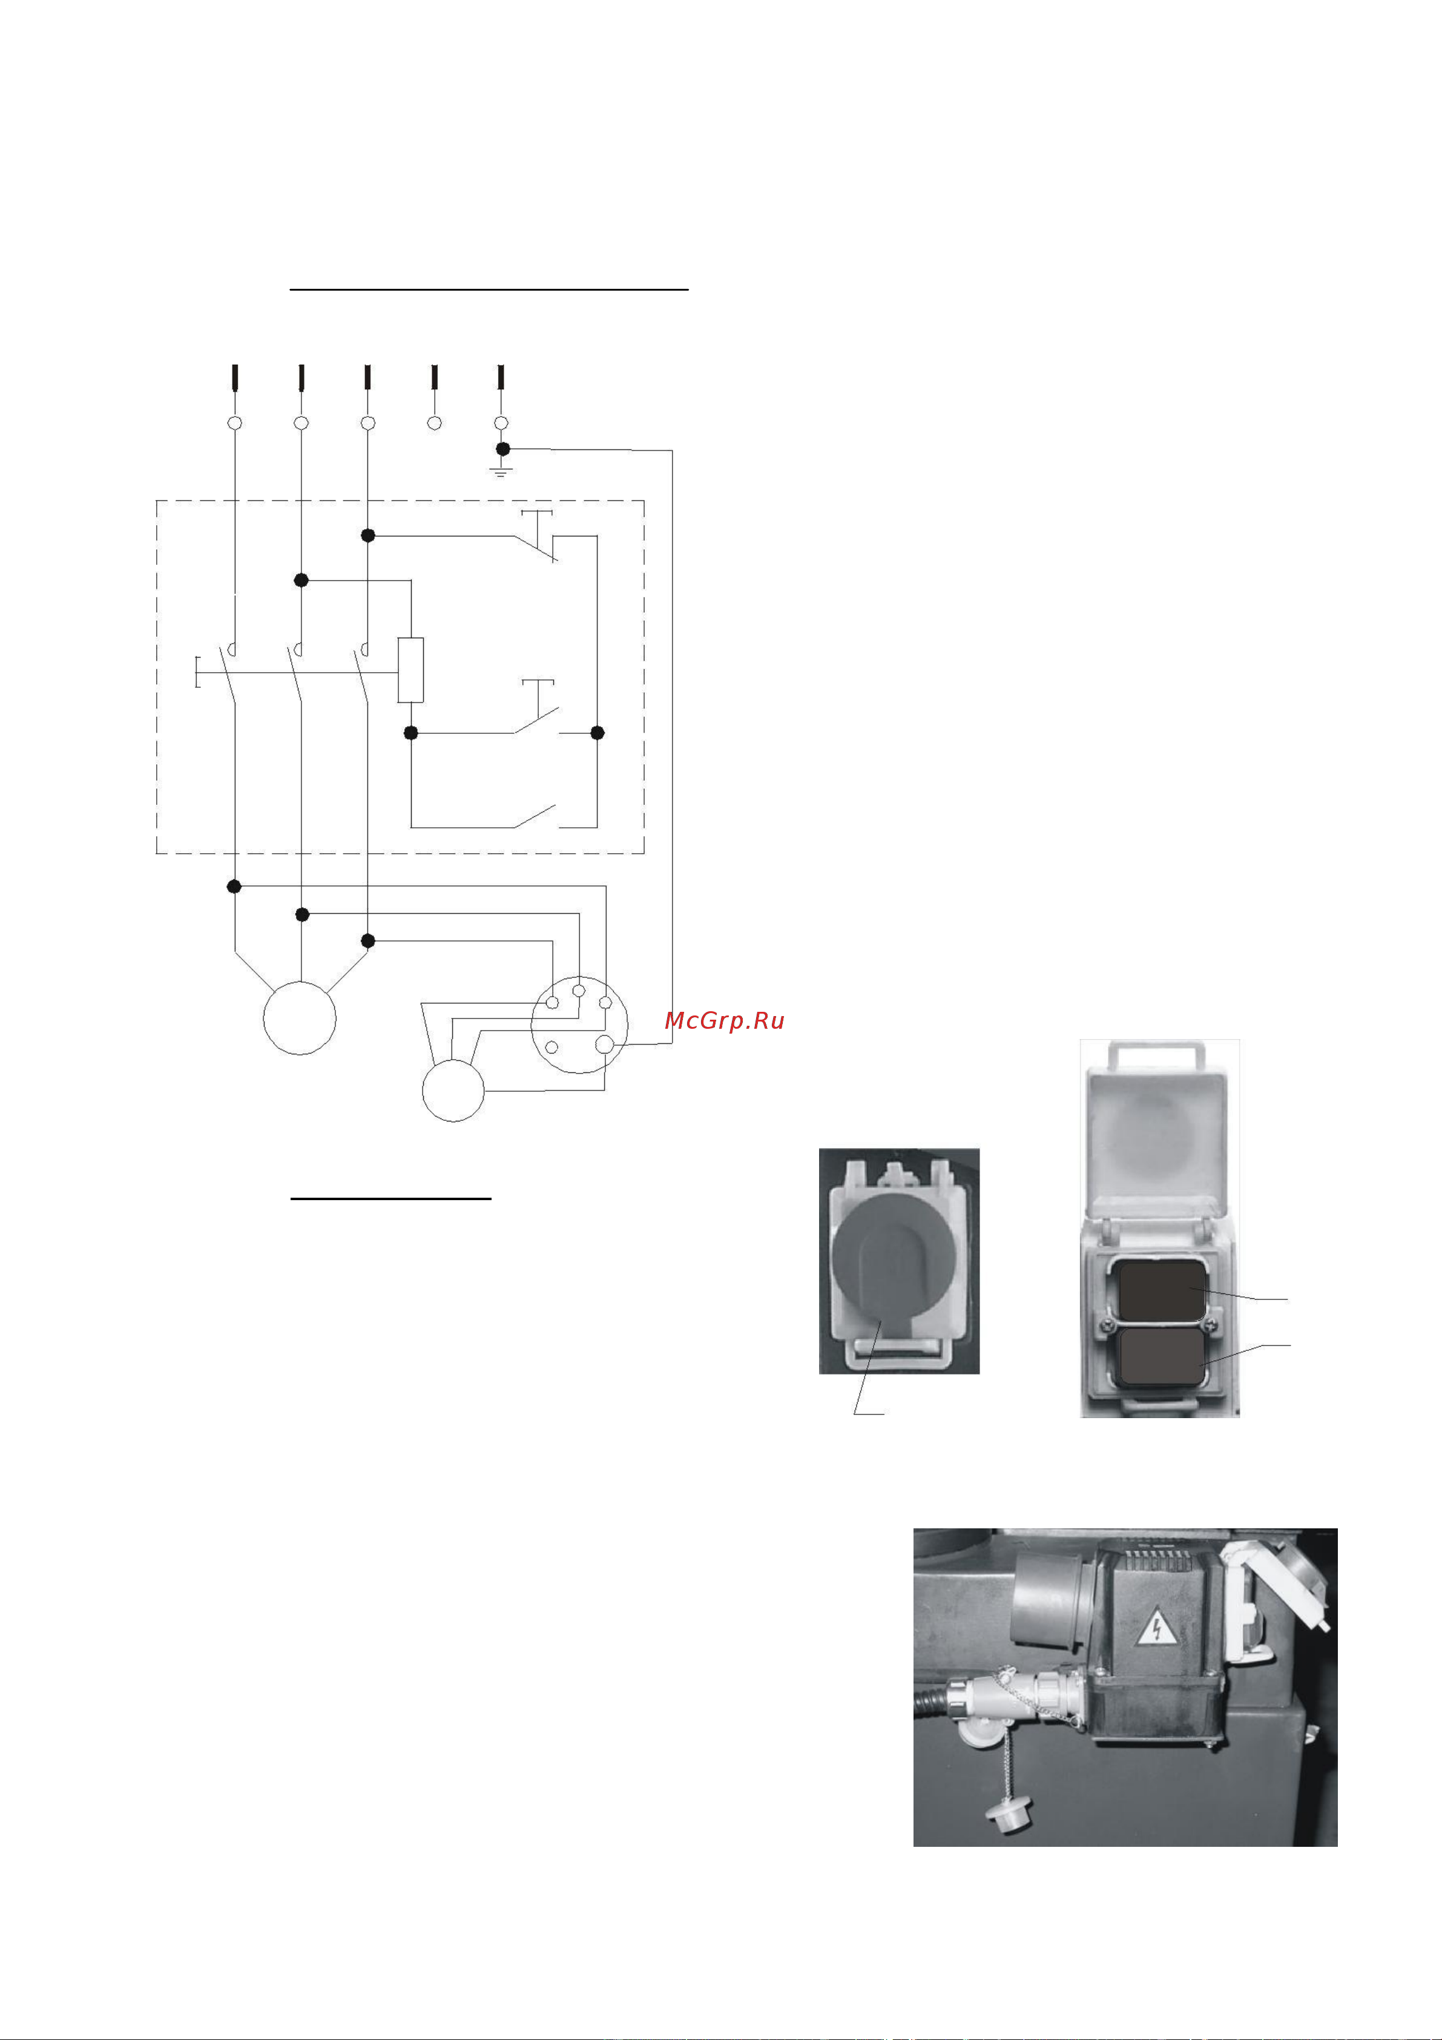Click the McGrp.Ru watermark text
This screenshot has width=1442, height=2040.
click(x=724, y=1021)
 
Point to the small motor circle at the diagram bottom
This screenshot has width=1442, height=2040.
click(x=453, y=1090)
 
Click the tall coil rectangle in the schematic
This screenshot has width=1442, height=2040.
click(x=410, y=670)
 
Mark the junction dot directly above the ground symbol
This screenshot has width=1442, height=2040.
click(x=503, y=449)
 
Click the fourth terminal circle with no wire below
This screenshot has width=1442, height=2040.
click(x=435, y=423)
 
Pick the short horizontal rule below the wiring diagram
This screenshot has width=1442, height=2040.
click(x=391, y=1198)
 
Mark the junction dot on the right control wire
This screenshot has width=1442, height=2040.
click(x=597, y=733)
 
